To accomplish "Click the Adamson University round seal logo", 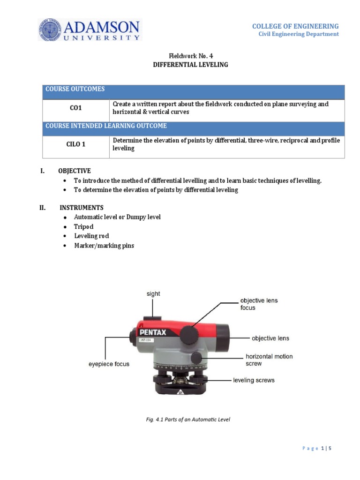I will [x=50, y=30].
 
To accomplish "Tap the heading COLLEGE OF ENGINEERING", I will [x=295, y=26].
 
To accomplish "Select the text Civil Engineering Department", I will [x=299, y=34].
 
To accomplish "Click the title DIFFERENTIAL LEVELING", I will [x=190, y=65].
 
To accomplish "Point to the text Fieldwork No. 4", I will [x=190, y=56].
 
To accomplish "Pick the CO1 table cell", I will [x=76, y=108].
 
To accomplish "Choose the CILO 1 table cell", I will [x=76, y=144].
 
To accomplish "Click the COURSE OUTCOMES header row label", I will [x=75, y=89].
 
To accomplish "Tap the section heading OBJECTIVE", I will [x=75, y=171].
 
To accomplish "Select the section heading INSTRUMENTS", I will [x=82, y=207].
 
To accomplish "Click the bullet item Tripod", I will [x=84, y=226].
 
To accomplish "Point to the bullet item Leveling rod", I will [x=91, y=236].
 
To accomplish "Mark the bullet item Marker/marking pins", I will [x=104, y=246].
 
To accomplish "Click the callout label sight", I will [x=153, y=294].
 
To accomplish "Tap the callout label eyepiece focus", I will [x=109, y=364].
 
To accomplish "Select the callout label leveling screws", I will [x=254, y=380].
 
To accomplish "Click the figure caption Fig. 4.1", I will [x=188, y=420].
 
